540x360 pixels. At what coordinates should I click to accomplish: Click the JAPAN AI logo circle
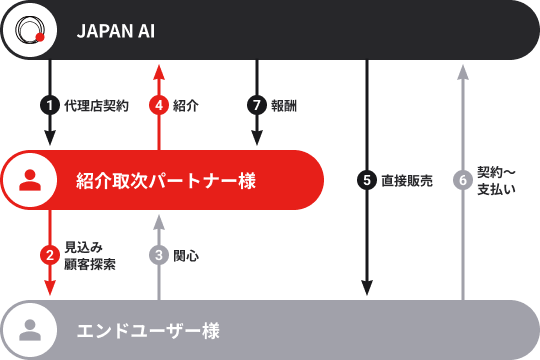point(29,30)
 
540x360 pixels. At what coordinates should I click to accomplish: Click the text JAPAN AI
point(116,31)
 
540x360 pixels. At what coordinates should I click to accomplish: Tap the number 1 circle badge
point(50,105)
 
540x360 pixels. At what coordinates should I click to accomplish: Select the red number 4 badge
point(158,105)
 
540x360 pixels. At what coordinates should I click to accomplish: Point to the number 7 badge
point(256,105)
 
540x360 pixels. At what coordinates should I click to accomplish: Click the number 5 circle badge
point(367,180)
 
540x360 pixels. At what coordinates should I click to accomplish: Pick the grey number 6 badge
point(462,180)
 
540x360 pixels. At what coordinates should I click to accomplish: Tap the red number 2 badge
point(50,254)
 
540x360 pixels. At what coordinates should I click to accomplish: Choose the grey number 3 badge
point(158,255)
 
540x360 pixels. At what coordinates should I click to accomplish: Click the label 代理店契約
point(96,105)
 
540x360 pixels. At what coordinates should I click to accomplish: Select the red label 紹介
point(185,105)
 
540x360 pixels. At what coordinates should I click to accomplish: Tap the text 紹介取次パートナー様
point(166,181)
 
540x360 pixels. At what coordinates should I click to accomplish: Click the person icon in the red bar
point(30,180)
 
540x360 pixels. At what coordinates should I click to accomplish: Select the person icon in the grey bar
point(30,329)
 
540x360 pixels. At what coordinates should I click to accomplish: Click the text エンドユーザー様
point(148,330)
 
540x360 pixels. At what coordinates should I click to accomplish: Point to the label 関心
point(186,255)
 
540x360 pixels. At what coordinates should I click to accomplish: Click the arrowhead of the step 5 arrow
point(367,289)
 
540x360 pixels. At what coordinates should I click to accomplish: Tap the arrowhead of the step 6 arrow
point(462,70)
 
